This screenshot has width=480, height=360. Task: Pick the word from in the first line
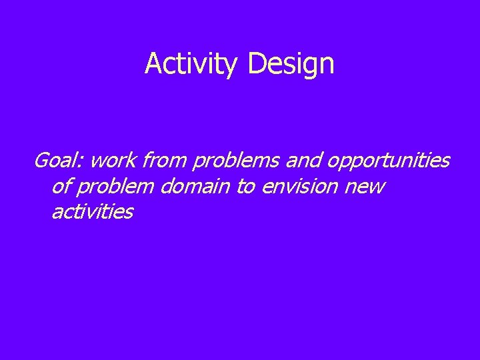coord(165,161)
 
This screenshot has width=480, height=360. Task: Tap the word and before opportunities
coord(306,161)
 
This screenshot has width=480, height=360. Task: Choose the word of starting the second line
coord(59,187)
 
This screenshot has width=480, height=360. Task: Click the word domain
coord(195,187)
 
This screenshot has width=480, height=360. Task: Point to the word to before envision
coord(245,187)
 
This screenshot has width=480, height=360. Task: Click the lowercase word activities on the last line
coord(92,212)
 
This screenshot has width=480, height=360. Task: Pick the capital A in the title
coord(153,64)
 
